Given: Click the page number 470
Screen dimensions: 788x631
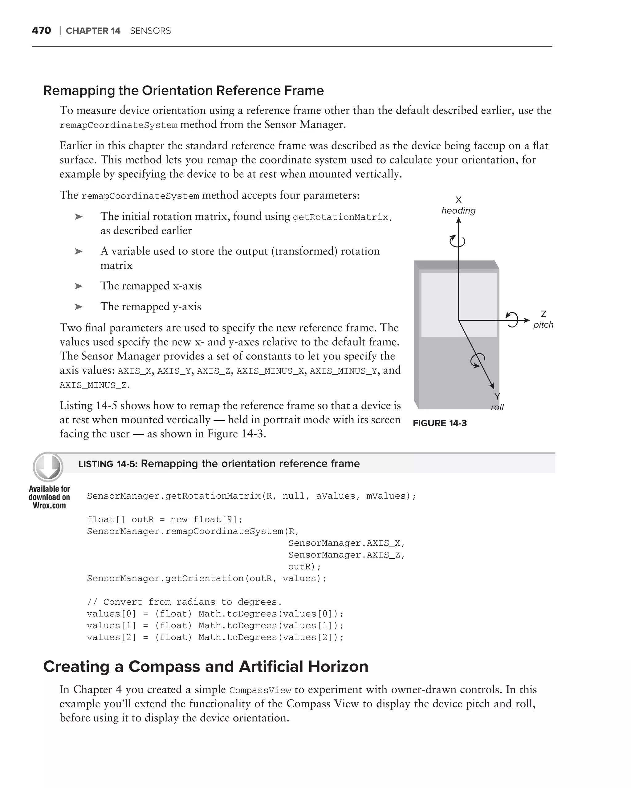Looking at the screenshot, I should (x=41, y=30).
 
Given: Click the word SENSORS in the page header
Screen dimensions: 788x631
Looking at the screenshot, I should (x=150, y=31).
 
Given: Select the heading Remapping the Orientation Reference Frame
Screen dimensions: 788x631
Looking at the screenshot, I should (x=183, y=90).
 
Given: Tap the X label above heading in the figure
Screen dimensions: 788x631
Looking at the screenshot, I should (x=458, y=200).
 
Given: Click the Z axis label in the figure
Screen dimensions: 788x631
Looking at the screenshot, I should (x=543, y=314).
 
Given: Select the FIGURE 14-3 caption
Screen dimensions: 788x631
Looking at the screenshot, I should (x=440, y=423).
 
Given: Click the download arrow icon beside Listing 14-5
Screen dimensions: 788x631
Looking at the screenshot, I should (x=48, y=467).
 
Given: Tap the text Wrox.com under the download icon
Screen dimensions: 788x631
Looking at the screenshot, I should (x=49, y=505).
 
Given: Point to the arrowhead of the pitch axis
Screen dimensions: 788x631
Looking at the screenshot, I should (x=527, y=320).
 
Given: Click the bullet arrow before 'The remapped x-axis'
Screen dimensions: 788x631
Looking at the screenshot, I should (x=78, y=286).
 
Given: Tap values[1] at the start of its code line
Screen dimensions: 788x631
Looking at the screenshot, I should (x=111, y=625).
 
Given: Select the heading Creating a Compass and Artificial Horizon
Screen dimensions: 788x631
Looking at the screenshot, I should (x=206, y=666).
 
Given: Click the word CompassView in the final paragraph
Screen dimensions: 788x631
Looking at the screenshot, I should (x=260, y=690).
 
